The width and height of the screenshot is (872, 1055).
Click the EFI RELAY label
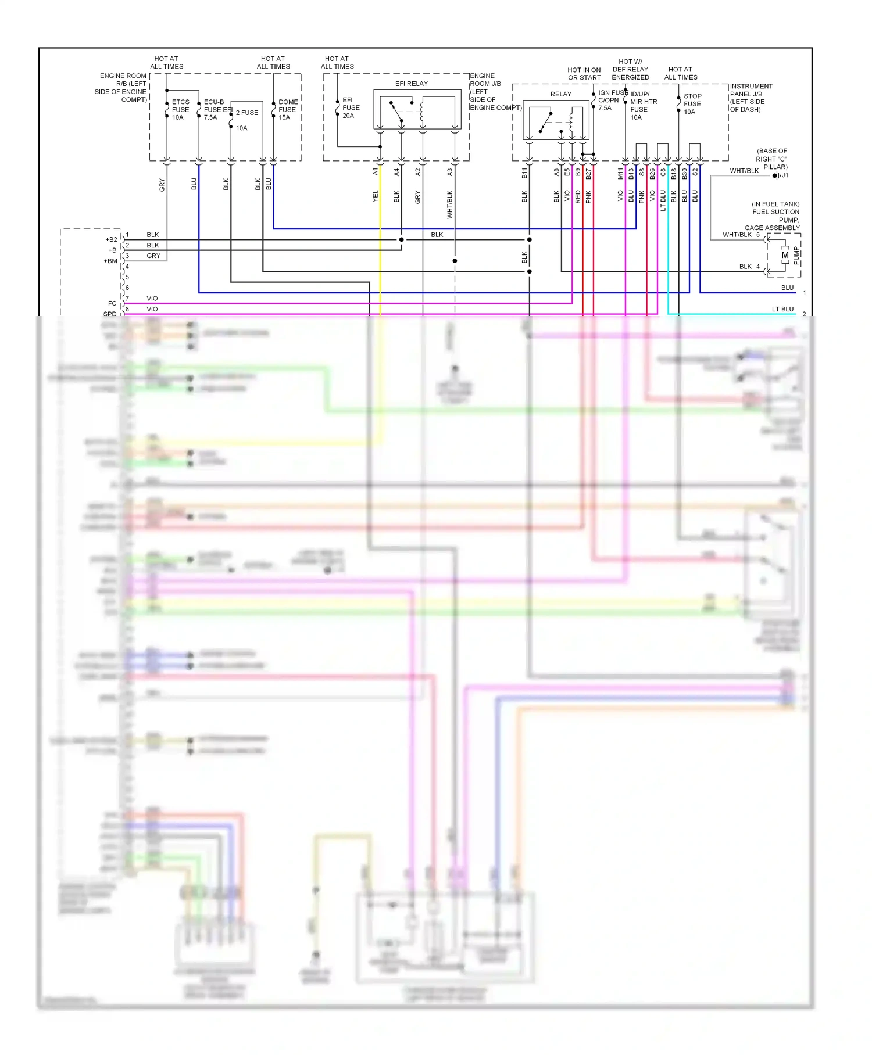coord(411,84)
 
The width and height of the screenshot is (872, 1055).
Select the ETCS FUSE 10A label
coord(180,109)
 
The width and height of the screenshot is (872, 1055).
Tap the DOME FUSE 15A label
coord(288,109)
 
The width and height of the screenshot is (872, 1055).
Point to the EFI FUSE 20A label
coord(351,107)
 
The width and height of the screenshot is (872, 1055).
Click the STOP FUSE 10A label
coord(692,104)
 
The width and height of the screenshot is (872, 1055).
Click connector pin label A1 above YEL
coord(376,172)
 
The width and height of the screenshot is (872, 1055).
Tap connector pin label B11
coord(524,173)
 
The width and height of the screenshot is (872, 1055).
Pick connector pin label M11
coord(620,173)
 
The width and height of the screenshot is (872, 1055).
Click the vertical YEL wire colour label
coord(376,196)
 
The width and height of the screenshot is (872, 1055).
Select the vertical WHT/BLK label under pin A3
coord(449,204)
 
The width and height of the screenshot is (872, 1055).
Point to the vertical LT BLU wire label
coord(663,200)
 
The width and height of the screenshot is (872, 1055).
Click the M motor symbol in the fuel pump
coord(785,255)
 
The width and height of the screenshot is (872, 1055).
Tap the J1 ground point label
coord(784,175)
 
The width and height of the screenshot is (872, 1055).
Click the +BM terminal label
coord(110,261)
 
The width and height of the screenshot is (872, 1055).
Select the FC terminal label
coord(112,303)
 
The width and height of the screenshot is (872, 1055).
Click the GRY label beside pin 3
coord(153,256)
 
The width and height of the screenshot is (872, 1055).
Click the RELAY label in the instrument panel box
coord(560,94)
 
